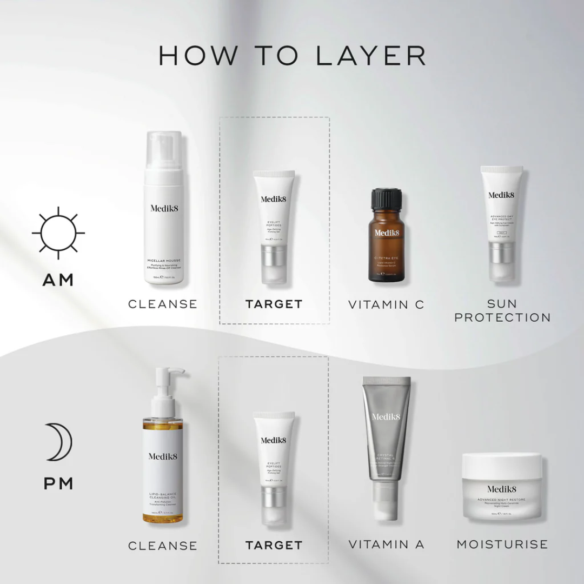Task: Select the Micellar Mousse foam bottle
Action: [x=165, y=211]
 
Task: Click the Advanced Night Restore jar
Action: [x=501, y=487]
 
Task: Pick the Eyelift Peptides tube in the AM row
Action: [x=274, y=227]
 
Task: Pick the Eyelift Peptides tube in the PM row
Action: [x=274, y=468]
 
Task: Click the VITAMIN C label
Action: [x=386, y=304]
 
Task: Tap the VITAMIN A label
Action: [x=386, y=545]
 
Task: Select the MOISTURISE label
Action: [x=502, y=544]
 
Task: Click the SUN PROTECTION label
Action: [x=502, y=311]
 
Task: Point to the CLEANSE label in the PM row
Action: [x=163, y=546]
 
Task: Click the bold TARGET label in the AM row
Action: [x=274, y=304]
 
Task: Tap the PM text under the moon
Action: [x=58, y=483]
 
